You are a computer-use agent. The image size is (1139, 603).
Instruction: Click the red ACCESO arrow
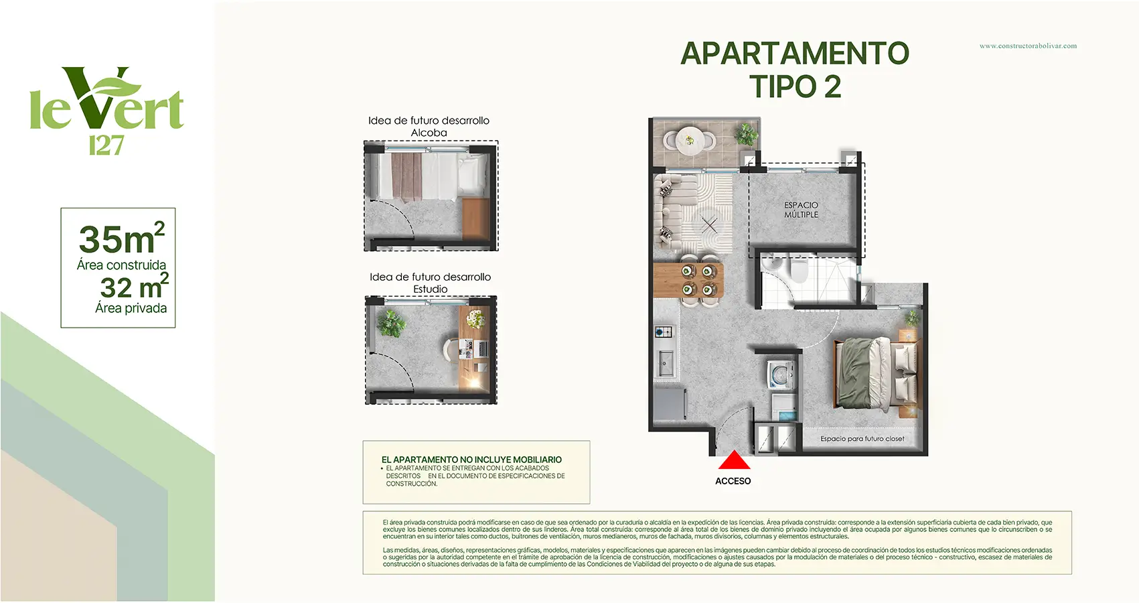pos(734,460)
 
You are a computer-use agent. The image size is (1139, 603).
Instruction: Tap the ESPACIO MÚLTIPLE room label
pos(801,210)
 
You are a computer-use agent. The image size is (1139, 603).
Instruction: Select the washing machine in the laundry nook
pos(780,375)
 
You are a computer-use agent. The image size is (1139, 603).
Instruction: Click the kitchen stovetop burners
pos(664,332)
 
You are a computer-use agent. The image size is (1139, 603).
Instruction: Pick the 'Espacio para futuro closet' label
pos(862,439)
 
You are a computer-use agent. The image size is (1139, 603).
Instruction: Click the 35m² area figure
pos(122,238)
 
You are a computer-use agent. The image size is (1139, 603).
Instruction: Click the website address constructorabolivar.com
pos(1028,46)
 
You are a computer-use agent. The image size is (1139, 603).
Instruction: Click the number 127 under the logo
pos(106,146)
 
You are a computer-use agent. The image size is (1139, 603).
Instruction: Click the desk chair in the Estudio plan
pos(451,350)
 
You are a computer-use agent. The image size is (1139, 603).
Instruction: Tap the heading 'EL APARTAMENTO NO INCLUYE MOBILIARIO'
pos(471,460)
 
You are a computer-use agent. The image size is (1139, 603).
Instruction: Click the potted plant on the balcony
pos(745,135)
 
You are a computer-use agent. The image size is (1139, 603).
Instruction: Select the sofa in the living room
pos(670,212)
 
